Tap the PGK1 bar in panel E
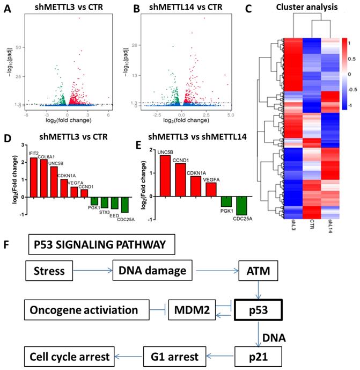(226, 202)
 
